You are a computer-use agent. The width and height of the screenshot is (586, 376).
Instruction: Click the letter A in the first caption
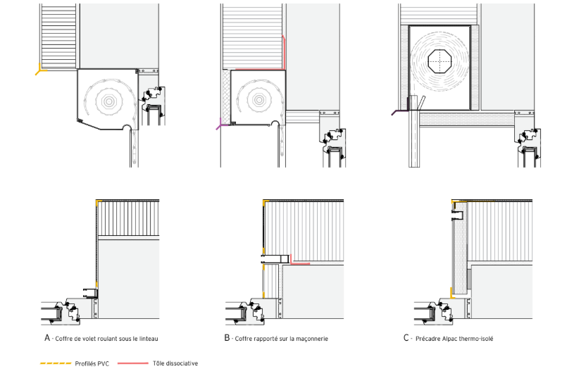(47, 338)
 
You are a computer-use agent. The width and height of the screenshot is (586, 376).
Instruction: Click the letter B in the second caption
(227, 338)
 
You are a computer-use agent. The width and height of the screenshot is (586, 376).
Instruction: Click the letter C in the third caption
(407, 338)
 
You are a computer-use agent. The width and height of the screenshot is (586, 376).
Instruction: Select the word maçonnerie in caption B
(311, 339)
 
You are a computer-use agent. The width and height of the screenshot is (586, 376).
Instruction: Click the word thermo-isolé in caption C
(478, 339)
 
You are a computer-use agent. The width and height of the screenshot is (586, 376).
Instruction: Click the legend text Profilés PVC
(91, 364)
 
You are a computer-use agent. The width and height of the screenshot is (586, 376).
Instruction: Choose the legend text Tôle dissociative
(175, 364)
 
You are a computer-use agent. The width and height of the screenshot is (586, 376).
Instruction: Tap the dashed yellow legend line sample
(55, 364)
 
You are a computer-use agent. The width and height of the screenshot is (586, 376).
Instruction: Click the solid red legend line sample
(132, 364)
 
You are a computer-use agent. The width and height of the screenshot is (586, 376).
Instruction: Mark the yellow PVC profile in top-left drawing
(41, 69)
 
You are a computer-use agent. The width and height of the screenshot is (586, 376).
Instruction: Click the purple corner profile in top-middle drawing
(221, 125)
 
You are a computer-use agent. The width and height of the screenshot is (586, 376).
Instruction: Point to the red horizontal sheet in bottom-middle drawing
(299, 263)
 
